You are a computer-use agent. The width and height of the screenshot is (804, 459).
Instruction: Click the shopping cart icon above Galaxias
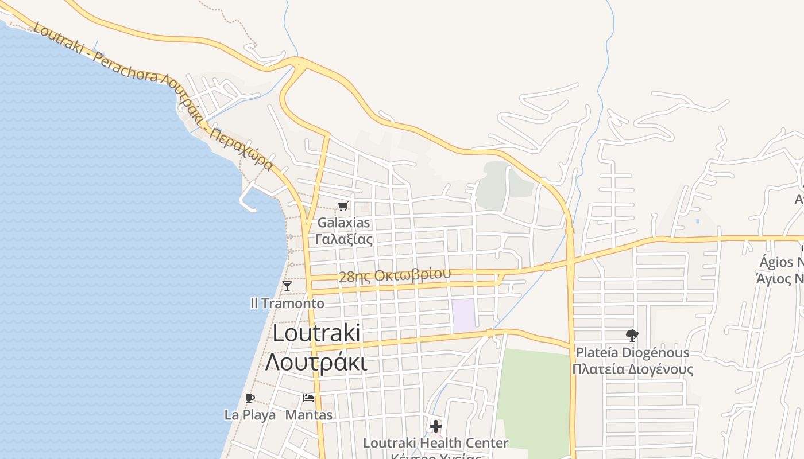pos(343,206)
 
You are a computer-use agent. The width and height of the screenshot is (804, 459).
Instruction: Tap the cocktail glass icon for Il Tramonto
pos(287,286)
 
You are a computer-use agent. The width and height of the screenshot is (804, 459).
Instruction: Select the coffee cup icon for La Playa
pos(249,398)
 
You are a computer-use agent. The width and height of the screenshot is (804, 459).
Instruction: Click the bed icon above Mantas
pos(308,398)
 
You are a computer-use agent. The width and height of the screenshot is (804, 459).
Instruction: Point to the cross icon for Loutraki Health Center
pos(436,426)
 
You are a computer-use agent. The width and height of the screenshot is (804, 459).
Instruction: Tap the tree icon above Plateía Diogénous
pos(632,336)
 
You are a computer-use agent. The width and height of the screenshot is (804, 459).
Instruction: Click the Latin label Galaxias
pos(344,223)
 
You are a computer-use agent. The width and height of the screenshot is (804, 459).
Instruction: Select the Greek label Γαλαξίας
pos(344,239)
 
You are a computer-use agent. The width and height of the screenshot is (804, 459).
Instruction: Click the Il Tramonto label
pos(287,303)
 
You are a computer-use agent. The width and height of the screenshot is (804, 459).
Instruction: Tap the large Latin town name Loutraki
pos(316,333)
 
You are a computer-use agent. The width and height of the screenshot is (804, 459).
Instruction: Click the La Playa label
pos(250,415)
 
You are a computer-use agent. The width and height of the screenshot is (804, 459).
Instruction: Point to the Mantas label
pos(309,415)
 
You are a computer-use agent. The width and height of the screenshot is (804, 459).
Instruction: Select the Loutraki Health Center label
pos(436,443)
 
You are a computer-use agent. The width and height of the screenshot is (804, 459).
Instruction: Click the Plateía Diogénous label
pos(632,352)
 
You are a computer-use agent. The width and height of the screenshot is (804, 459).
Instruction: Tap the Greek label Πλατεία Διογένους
pos(632,369)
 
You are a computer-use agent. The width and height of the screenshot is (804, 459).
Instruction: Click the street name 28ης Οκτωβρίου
pos(395,275)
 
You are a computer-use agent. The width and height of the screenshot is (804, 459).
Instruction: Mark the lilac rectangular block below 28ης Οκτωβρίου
pos(463,316)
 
